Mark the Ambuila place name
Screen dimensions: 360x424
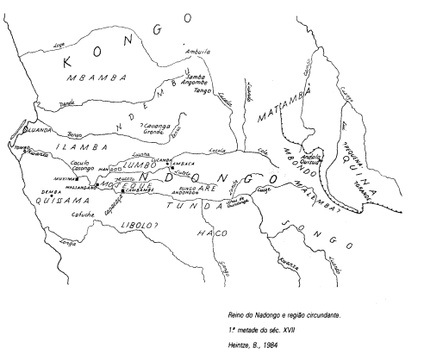point(198,52)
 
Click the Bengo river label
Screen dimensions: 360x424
point(75,134)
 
